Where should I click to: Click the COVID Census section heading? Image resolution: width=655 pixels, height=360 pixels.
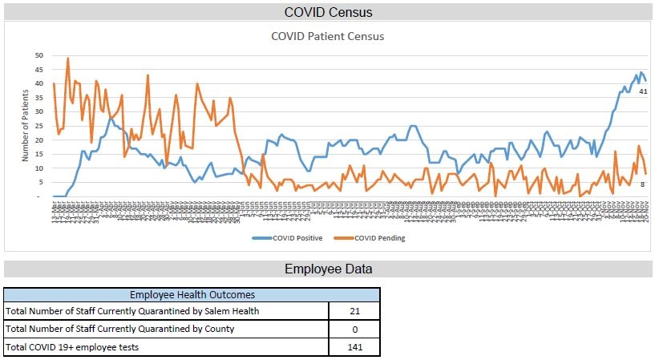(328, 12)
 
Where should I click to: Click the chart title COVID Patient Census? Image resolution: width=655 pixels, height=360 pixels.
(327, 36)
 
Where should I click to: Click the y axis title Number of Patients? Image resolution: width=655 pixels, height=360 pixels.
(25, 126)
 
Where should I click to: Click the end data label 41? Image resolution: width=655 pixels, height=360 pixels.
(643, 92)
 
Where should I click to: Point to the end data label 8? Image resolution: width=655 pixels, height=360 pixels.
(643, 184)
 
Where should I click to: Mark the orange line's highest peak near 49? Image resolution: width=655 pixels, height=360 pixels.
(67, 59)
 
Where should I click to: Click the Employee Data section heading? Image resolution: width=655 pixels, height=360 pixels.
(328, 269)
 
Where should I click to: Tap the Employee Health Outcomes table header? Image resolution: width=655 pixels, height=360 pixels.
(192, 296)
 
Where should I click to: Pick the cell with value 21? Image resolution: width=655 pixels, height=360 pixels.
(354, 311)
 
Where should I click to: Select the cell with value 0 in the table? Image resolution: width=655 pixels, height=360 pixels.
(354, 330)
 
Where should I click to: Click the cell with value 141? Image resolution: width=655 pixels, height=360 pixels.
(354, 348)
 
